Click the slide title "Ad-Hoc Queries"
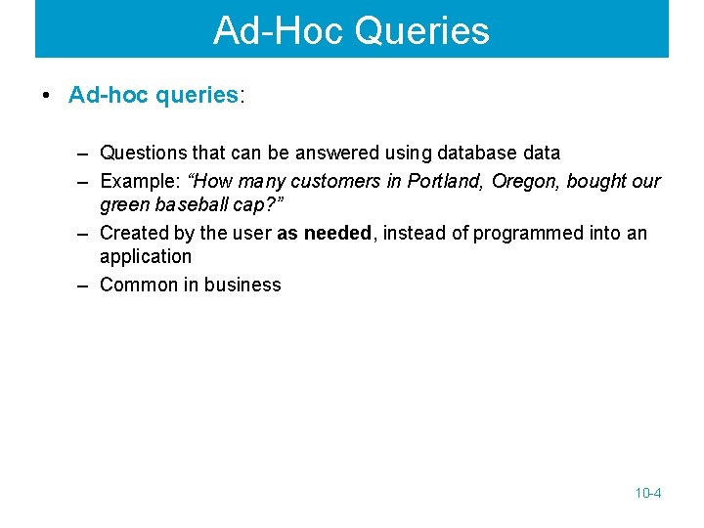[x=351, y=30]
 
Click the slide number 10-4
[x=647, y=493]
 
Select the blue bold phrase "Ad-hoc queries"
[x=154, y=95]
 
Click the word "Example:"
[x=138, y=181]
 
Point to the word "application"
[x=146, y=256]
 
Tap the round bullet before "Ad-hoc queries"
[x=46, y=96]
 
